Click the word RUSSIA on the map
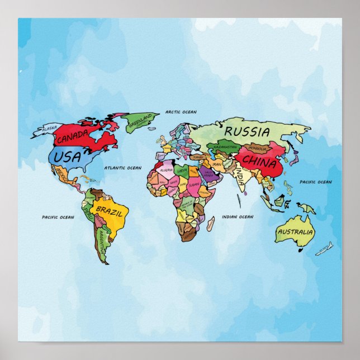coord(248,132)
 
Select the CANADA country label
coord(72,137)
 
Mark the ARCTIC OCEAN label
coord(181,112)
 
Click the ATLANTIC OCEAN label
coord(123,168)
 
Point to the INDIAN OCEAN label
coord(238,217)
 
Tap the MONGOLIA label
coord(258,149)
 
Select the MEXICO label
coord(63,178)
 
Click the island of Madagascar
coord(211,225)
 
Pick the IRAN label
coord(217,165)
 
